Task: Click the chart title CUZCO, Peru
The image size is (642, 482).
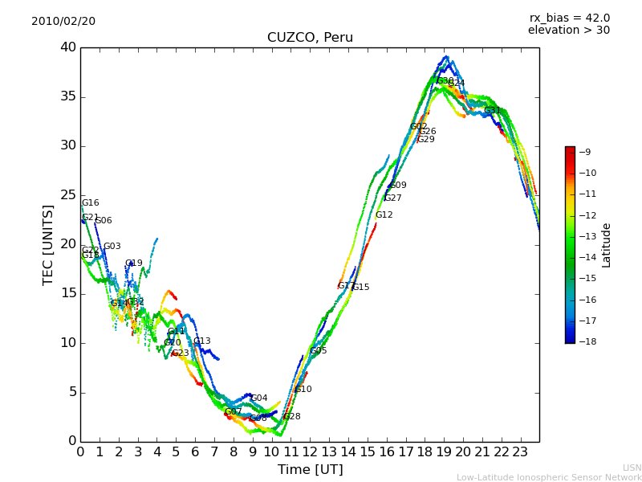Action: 310,38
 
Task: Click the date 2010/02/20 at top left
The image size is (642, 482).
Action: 63,21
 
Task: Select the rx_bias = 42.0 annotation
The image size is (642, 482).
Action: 569,18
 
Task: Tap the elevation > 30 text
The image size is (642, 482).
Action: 568,31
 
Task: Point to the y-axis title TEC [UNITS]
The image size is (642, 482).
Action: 48,245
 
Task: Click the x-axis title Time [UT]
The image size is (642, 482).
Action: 310,469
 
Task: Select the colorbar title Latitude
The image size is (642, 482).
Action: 607,245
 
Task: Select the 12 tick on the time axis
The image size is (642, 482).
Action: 310,451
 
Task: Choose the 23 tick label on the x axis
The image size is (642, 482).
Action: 520,451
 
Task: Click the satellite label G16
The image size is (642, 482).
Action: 91,203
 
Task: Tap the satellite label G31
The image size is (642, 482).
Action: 493,111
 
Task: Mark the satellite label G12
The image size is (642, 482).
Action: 384,215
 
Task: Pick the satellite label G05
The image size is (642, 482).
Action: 319,351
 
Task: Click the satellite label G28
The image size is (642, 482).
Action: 292,417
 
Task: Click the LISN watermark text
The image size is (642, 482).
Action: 632,468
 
